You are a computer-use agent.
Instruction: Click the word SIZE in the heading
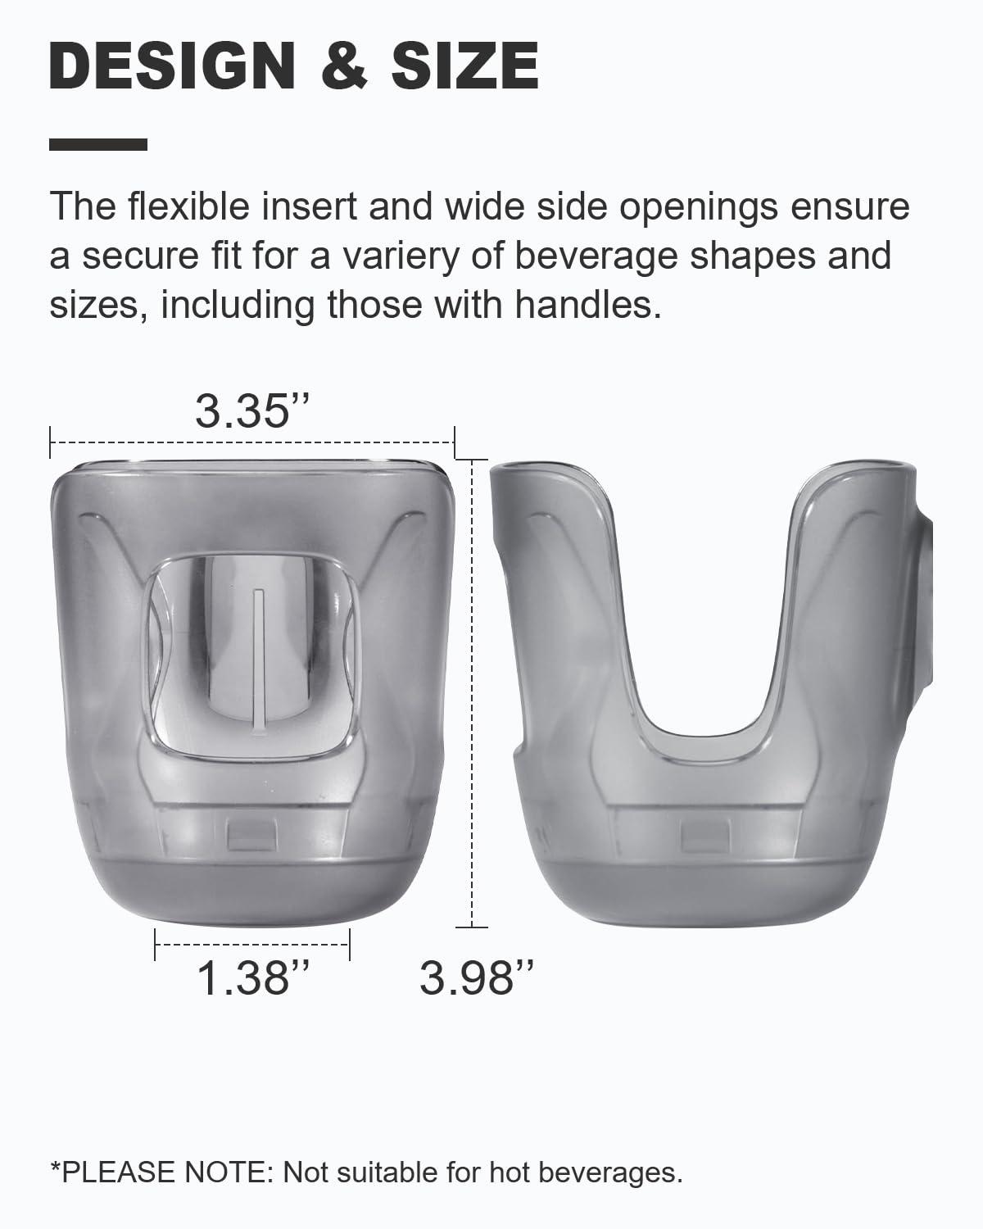[x=464, y=66]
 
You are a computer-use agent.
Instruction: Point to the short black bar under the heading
[x=98, y=145]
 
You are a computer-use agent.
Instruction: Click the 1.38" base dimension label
[x=243, y=977]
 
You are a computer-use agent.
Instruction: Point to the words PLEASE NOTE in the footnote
[x=168, y=1172]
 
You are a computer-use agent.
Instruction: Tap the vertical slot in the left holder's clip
[x=258, y=647]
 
